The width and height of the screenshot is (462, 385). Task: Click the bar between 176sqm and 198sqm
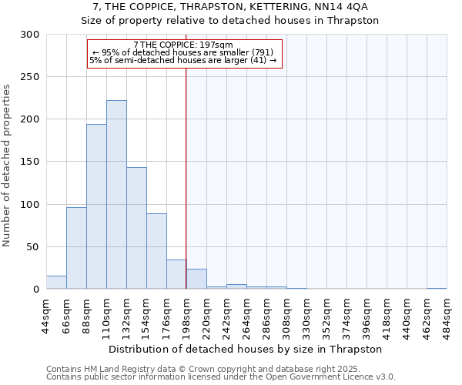click(176, 274)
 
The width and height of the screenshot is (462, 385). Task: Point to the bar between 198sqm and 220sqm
click(196, 279)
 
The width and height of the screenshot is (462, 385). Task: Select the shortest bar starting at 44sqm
click(56, 283)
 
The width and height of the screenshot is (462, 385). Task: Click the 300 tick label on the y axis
click(31, 35)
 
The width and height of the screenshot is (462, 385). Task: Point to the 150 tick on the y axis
click(31, 162)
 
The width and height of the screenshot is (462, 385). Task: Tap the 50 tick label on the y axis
click(34, 247)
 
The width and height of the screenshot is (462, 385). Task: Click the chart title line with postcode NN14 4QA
click(230, 7)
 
